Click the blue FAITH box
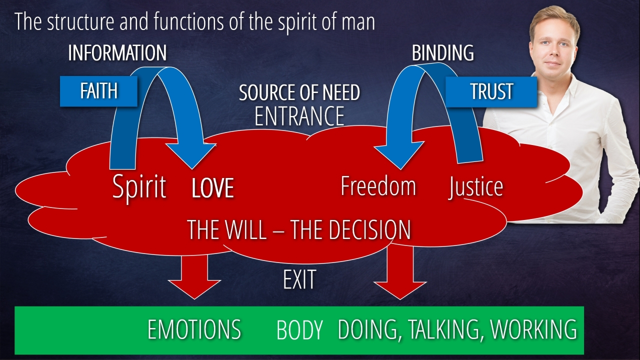click(98, 91)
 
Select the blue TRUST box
click(491, 91)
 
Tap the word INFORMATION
click(117, 53)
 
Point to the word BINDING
click(442, 53)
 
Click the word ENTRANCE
click(299, 116)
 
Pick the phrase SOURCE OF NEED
click(299, 93)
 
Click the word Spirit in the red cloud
click(139, 187)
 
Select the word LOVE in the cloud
click(212, 188)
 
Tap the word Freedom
click(378, 186)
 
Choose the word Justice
click(475, 186)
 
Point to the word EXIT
click(299, 280)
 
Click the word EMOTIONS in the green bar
click(194, 329)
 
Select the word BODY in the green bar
click(299, 330)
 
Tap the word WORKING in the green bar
click(533, 329)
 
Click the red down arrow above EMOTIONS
click(194, 277)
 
